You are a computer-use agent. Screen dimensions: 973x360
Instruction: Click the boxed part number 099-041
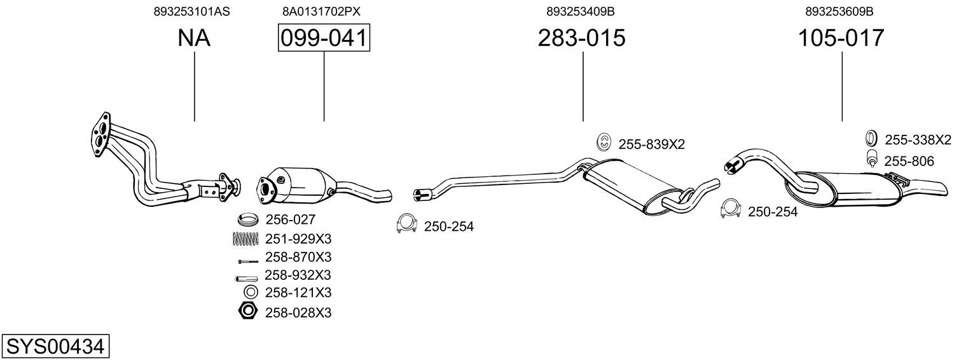click(324, 38)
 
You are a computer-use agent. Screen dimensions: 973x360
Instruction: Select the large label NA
click(194, 38)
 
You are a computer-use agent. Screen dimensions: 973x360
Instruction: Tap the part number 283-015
click(582, 38)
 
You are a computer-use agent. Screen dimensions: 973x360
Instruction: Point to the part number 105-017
click(841, 38)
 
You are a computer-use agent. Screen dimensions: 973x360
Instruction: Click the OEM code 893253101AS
click(191, 11)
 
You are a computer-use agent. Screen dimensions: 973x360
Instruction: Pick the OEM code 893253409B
click(581, 11)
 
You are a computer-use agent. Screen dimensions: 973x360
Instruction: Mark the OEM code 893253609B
click(839, 11)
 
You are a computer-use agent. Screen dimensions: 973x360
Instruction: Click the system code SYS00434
click(55, 347)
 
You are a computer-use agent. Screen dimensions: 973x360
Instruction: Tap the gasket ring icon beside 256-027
click(249, 219)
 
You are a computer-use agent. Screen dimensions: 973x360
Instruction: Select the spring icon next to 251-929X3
click(246, 239)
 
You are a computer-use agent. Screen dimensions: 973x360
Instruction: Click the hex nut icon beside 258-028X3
click(248, 311)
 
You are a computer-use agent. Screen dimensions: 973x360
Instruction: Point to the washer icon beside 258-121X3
click(251, 292)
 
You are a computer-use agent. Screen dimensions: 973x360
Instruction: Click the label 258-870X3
click(298, 257)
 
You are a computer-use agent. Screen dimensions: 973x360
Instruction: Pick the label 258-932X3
click(298, 275)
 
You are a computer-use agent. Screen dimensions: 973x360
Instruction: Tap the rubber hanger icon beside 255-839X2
click(604, 142)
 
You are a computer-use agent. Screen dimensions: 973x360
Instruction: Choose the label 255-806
click(909, 162)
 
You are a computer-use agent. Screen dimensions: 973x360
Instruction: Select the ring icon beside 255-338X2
click(871, 137)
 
